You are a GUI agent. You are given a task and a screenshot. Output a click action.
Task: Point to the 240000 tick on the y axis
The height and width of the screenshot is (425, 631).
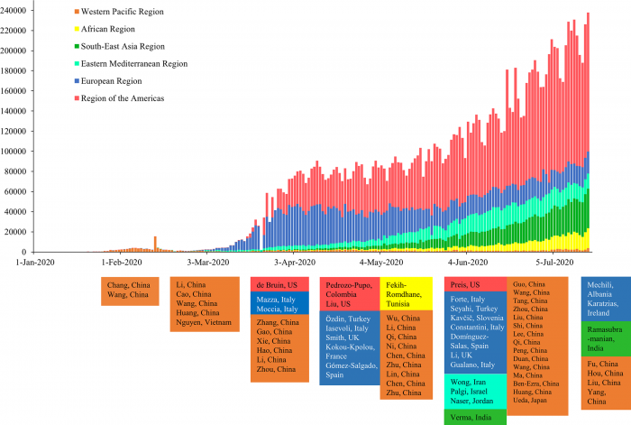pyautogui.click(x=14, y=9)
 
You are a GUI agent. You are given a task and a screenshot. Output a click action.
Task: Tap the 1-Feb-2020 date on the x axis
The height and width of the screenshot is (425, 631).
pyautogui.click(x=122, y=263)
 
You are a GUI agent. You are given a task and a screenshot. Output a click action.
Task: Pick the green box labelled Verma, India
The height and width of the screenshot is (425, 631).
pyautogui.click(x=471, y=418)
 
